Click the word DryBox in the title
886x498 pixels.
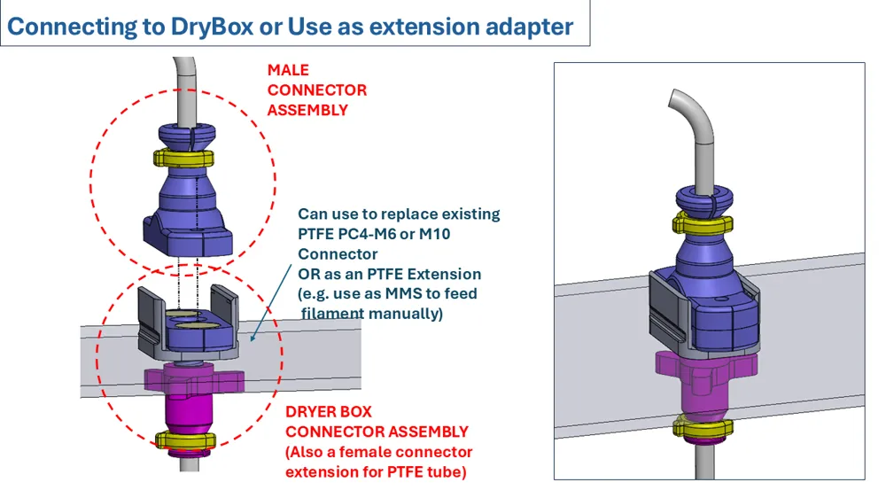212,27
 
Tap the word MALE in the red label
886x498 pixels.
288,70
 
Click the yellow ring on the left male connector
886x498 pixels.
184,157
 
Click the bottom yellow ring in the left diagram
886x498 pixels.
186,440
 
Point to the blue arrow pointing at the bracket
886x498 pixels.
271,302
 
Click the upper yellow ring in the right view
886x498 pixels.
703,224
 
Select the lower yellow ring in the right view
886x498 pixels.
703,427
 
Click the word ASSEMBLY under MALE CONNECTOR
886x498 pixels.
307,110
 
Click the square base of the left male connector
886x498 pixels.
188,235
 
